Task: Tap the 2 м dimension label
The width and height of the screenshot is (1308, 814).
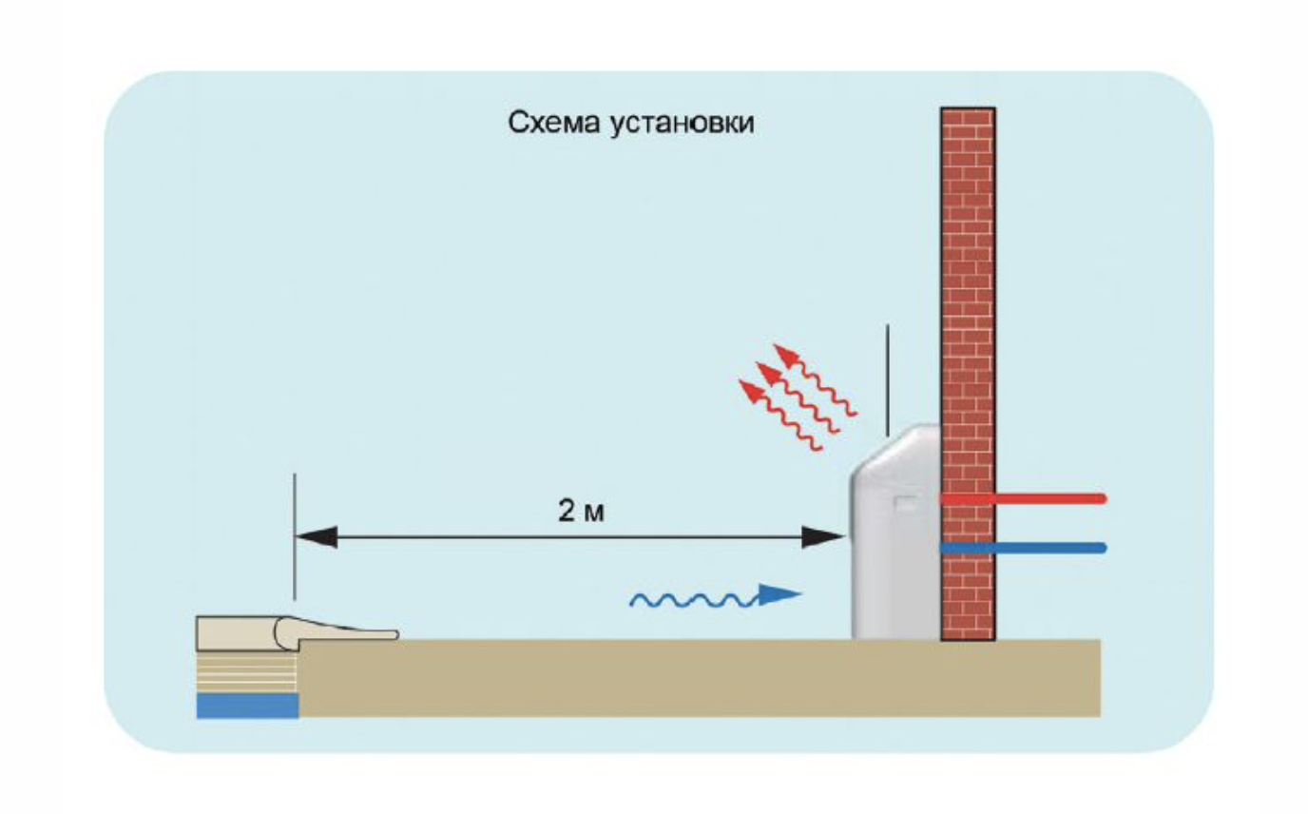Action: pos(581,511)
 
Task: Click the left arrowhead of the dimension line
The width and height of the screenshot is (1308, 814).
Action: pos(317,537)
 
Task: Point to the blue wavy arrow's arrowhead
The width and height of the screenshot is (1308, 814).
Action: pos(779,595)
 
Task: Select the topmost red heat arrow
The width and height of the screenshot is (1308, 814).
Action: pos(816,379)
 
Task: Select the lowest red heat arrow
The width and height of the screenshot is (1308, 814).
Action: pos(780,415)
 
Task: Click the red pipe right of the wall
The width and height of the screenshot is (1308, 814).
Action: pos(1023,499)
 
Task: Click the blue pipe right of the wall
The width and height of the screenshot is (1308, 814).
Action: pos(1023,548)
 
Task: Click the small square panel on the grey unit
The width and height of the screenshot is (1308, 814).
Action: pos(906,503)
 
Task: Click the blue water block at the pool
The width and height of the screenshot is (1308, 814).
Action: pos(247,706)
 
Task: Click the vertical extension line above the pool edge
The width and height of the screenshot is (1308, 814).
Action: pos(295,536)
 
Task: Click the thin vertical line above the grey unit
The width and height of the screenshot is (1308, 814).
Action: pos(888,381)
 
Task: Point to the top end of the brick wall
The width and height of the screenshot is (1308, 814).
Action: pos(968,108)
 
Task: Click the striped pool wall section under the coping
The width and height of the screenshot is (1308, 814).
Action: pos(246,672)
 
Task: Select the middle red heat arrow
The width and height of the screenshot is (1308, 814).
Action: pos(798,397)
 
